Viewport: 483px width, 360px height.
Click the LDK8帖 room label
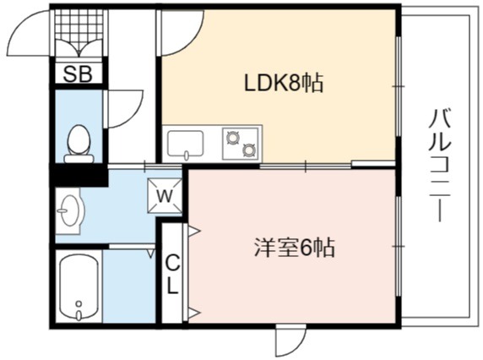point(284,83)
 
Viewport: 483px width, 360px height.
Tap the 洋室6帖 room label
point(294,248)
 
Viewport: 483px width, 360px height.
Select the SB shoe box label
point(78,74)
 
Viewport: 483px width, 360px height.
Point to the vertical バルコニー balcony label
point(441,166)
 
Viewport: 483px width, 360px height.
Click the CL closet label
point(172,275)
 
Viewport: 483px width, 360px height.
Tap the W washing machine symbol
point(165,196)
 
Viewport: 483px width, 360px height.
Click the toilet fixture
point(79,145)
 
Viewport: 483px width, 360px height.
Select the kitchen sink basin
point(185,144)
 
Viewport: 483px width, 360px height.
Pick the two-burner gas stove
point(241,144)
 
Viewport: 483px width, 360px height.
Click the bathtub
point(79,286)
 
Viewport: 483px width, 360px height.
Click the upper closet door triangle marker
point(194,231)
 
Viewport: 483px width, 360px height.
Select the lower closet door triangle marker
point(194,313)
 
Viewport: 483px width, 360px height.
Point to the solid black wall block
point(79,175)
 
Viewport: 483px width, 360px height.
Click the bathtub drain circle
point(79,304)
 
